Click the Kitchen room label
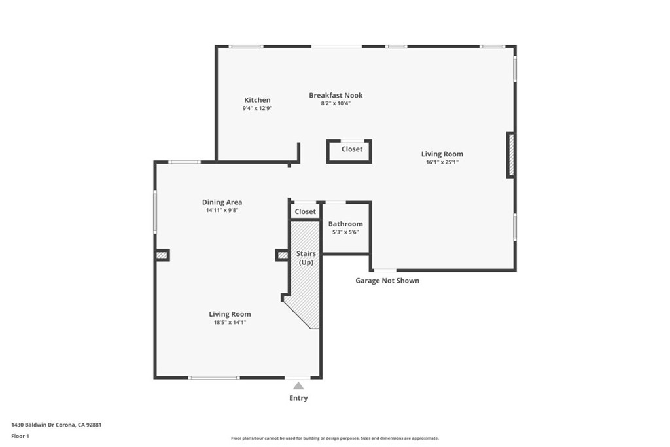[x=257, y=100]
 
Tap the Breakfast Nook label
[x=336, y=95]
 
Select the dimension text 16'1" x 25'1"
[x=442, y=162]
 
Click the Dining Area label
[x=222, y=202]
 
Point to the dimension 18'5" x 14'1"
[x=230, y=322]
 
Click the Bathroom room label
[x=345, y=224]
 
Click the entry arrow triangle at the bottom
[x=298, y=385]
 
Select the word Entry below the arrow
[x=298, y=398]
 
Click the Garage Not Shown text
[x=387, y=281]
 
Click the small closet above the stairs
[x=305, y=211]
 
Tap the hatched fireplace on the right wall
[x=511, y=154]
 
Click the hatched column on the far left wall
[x=162, y=255]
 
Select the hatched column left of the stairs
[x=283, y=255]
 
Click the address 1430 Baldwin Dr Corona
[x=56, y=424]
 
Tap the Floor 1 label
[x=20, y=436]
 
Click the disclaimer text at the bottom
[x=334, y=438]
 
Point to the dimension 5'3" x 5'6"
[x=345, y=232]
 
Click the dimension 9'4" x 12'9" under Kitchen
[x=257, y=109]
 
